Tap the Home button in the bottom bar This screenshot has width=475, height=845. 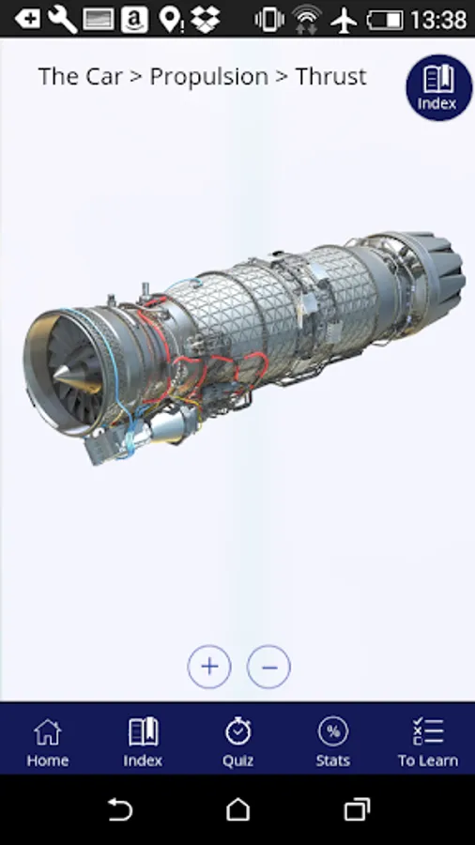(x=47, y=743)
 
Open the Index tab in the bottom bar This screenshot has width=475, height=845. (x=143, y=743)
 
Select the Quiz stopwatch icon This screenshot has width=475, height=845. (x=238, y=730)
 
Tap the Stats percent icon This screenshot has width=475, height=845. (x=333, y=730)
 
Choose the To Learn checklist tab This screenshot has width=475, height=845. (x=428, y=743)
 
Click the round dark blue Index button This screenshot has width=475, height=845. (x=439, y=87)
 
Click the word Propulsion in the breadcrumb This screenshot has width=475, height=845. (x=208, y=77)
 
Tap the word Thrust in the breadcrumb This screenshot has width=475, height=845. (x=330, y=77)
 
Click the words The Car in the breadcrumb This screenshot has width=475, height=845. (x=80, y=77)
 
